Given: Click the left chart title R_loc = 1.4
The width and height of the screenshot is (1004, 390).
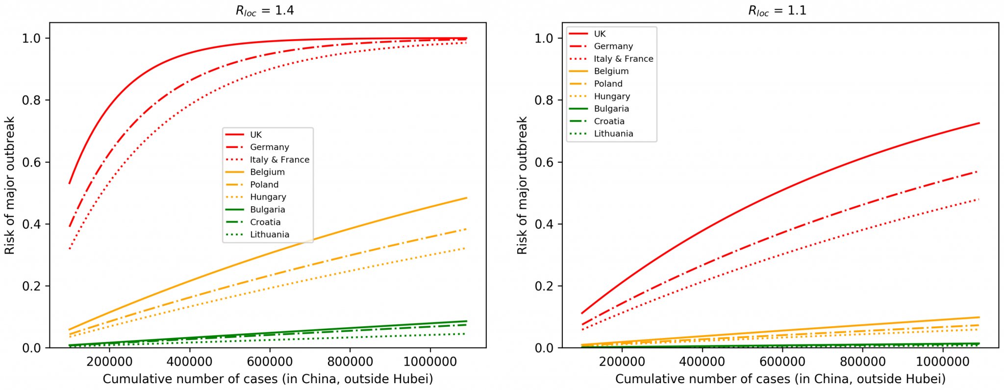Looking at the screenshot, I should [265, 10].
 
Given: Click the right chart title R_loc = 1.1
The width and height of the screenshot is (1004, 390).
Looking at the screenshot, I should [777, 10].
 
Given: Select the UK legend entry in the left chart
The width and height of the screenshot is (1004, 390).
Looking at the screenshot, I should [255, 135].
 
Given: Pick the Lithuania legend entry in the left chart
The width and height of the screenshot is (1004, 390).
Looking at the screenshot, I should [269, 235].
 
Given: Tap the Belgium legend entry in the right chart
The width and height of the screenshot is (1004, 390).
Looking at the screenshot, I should [611, 71].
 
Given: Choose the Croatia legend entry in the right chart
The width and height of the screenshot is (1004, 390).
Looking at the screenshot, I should [609, 121].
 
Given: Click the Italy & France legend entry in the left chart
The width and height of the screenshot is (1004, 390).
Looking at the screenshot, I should [279, 160].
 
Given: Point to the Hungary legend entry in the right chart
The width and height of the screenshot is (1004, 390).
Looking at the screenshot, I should [612, 96].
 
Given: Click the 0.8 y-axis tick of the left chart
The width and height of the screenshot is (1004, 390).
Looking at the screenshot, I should [32, 100].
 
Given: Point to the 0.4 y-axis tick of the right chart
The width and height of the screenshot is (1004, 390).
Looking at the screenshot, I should [545, 224].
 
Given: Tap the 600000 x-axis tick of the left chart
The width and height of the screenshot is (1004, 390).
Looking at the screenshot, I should [270, 362].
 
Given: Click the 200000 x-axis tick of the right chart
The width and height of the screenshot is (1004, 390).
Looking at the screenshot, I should [622, 362].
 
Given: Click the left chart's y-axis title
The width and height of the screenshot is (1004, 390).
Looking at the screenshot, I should [10, 185].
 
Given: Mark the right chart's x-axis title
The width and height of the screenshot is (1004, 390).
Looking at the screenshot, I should [780, 379].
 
